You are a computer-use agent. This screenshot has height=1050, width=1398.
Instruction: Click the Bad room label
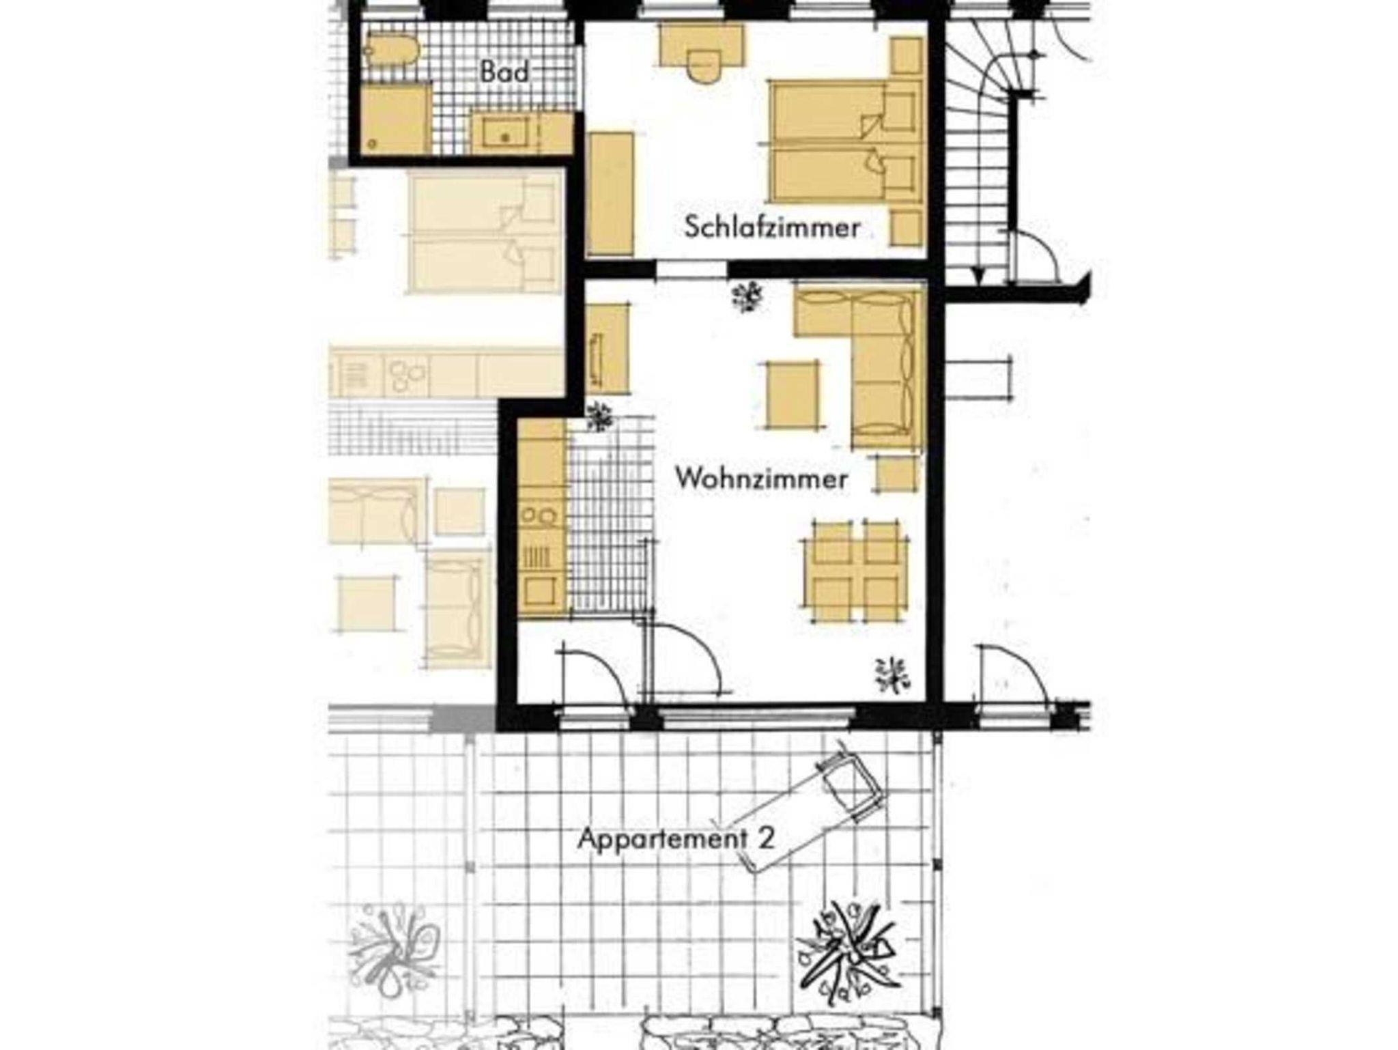[x=504, y=72]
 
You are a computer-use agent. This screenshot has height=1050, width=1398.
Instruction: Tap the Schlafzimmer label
[x=772, y=227]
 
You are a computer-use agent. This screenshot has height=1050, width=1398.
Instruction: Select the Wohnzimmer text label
[x=761, y=479]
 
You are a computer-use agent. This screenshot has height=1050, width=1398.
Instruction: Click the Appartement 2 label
[x=676, y=838]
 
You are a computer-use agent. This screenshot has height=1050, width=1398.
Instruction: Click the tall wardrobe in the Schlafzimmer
[x=610, y=195]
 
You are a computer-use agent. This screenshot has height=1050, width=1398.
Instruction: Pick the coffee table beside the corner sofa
[x=792, y=395]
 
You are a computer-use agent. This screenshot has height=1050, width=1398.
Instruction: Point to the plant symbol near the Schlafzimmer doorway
[x=747, y=297]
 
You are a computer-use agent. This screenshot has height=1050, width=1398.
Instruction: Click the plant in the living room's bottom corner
[x=893, y=674]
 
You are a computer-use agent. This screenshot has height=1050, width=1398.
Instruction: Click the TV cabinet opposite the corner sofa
[x=606, y=349]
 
